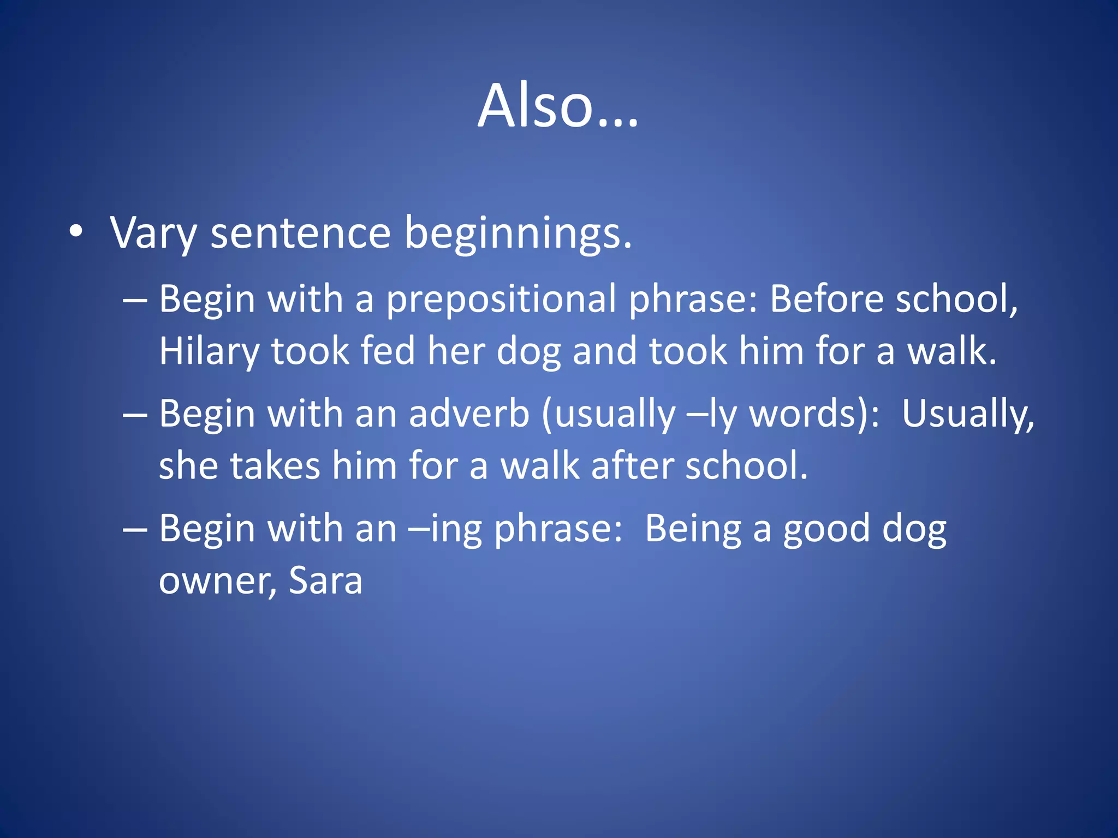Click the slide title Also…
coord(558,106)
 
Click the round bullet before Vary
coord(76,232)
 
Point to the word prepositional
coord(501,300)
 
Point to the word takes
coord(275,466)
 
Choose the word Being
coord(692,529)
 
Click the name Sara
coord(325,580)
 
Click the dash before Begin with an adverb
coord(135,415)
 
